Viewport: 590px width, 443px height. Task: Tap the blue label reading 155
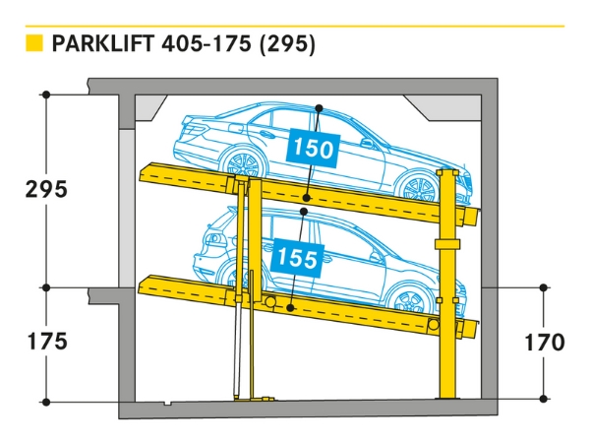point(296,258)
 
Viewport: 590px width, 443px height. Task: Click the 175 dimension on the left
point(46,342)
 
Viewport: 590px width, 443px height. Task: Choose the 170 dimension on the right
point(544,343)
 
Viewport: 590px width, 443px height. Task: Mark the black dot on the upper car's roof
point(319,107)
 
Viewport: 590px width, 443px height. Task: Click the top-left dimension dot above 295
point(46,95)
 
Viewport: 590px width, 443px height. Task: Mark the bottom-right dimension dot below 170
point(544,399)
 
